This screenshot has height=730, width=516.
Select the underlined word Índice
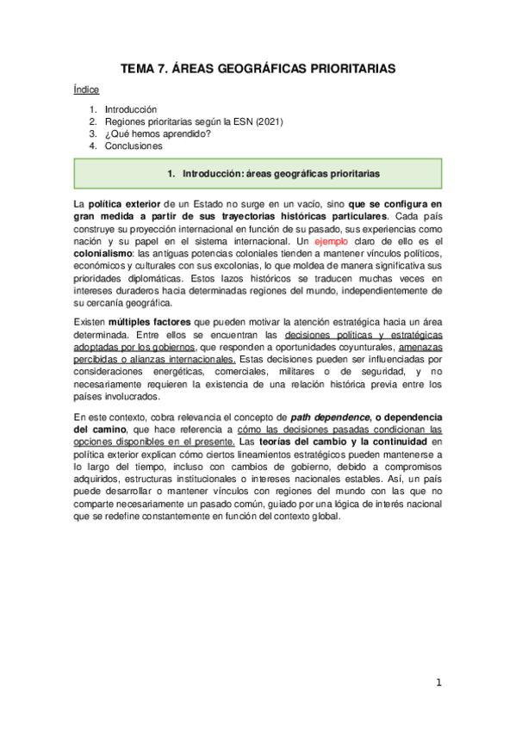tap(86, 90)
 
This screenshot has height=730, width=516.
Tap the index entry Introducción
tap(130, 110)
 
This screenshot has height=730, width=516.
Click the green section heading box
tap(258, 173)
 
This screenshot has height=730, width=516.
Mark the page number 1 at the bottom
tap(438, 683)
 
